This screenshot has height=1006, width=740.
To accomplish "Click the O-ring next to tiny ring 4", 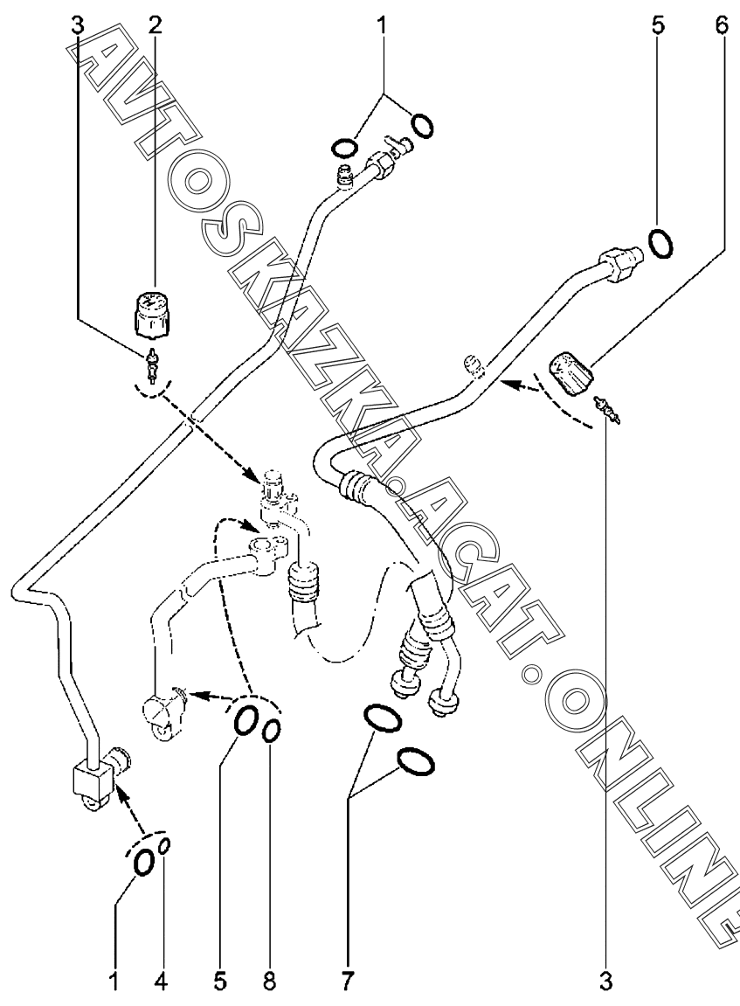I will click(142, 864).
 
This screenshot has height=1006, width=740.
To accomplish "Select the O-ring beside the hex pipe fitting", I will click(662, 241).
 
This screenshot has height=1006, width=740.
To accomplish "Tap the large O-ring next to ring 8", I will click(246, 720).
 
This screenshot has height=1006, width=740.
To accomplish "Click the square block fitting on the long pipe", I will click(91, 775).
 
